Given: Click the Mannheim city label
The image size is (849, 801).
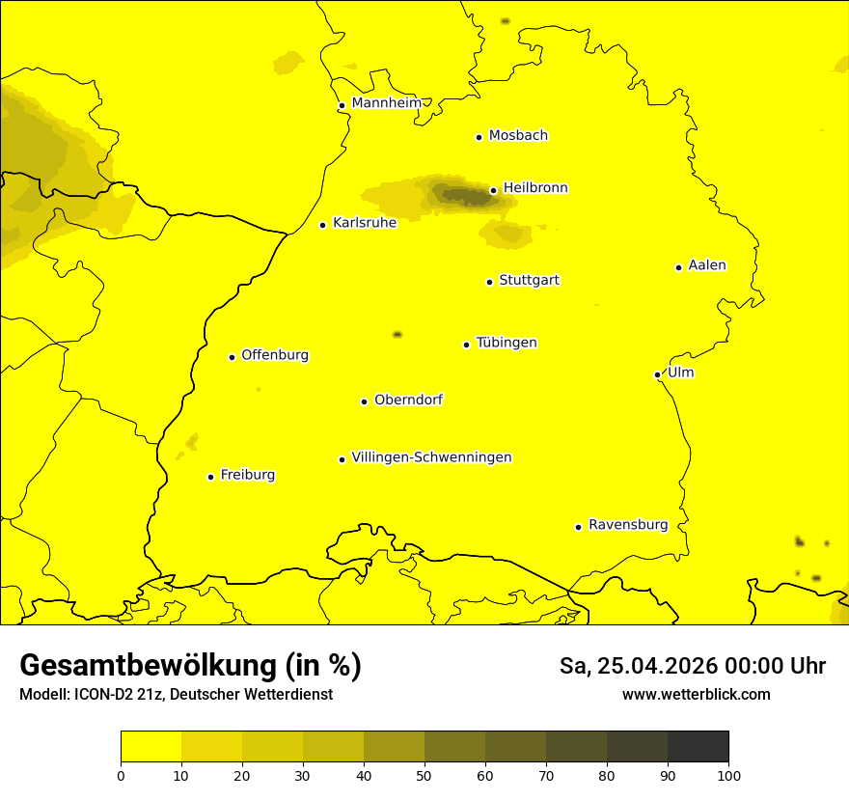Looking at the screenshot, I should [x=386, y=103].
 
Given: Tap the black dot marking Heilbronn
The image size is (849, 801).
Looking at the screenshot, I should [x=493, y=190].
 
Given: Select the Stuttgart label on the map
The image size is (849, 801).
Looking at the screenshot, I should [x=529, y=281].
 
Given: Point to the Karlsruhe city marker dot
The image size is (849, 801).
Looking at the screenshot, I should [x=322, y=225].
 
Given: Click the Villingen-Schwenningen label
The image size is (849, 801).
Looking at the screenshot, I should [x=431, y=457].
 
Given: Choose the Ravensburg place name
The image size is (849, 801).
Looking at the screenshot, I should [x=627, y=525].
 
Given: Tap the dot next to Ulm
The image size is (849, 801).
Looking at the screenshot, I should [x=657, y=374].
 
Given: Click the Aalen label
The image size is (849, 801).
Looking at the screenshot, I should [x=707, y=265].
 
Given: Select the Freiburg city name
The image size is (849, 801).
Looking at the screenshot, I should [x=247, y=475].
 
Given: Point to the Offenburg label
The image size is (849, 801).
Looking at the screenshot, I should [x=275, y=355].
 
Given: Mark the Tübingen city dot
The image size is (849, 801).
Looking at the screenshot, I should [x=466, y=345].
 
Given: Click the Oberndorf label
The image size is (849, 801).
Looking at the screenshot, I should [x=408, y=400].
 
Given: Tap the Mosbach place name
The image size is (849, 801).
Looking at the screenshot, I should [x=518, y=136].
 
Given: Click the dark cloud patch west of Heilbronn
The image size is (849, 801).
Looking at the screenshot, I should [x=461, y=195].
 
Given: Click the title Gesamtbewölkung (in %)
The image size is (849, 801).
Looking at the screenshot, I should [x=190, y=666].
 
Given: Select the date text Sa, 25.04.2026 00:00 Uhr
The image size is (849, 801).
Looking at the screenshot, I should [x=692, y=666].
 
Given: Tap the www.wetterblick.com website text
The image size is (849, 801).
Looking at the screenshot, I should [x=696, y=694].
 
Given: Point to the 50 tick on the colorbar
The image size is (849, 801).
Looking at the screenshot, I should [x=424, y=775].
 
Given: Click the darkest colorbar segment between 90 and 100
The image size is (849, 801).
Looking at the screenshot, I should [x=698, y=746].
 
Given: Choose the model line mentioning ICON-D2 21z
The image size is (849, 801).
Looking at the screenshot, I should [x=176, y=694].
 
